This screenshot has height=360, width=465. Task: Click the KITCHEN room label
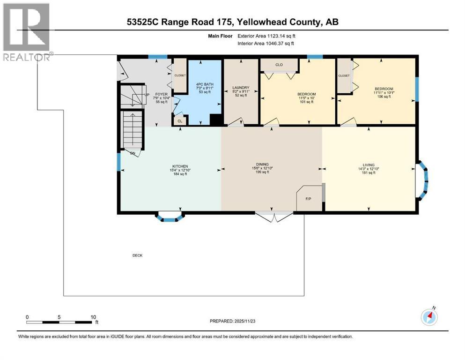[x=180, y=166]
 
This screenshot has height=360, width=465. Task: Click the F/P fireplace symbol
[x=309, y=199]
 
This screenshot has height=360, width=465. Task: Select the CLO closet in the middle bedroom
[x=279, y=64]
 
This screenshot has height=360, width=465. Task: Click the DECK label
[x=137, y=255]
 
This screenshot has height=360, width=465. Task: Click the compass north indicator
[x=429, y=317]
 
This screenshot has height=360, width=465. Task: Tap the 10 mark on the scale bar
[x=93, y=317]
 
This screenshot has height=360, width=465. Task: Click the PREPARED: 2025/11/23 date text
[x=233, y=322]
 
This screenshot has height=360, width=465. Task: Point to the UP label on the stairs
[x=147, y=94]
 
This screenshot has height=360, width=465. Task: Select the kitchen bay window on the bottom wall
[x=170, y=217]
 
